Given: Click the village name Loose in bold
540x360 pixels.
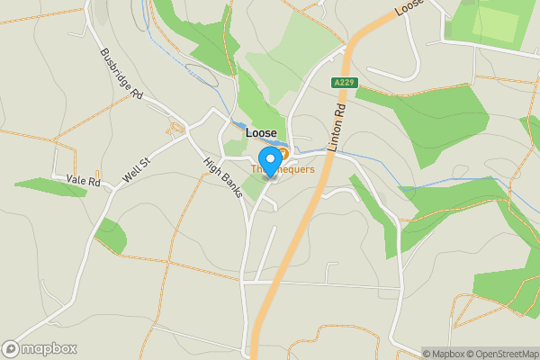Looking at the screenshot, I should point(261,133).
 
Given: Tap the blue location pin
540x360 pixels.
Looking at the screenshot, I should point(269,165).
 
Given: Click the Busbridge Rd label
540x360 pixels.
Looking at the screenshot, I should point(122,73).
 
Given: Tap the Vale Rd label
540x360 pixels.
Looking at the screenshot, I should point(83,180).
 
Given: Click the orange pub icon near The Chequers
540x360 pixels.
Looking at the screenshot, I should point(282,154).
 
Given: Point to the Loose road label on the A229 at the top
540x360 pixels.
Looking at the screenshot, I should point(409,8).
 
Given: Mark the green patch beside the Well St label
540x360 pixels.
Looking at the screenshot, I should point(111,235).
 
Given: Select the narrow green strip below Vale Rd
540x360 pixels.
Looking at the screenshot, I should point(49,187).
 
